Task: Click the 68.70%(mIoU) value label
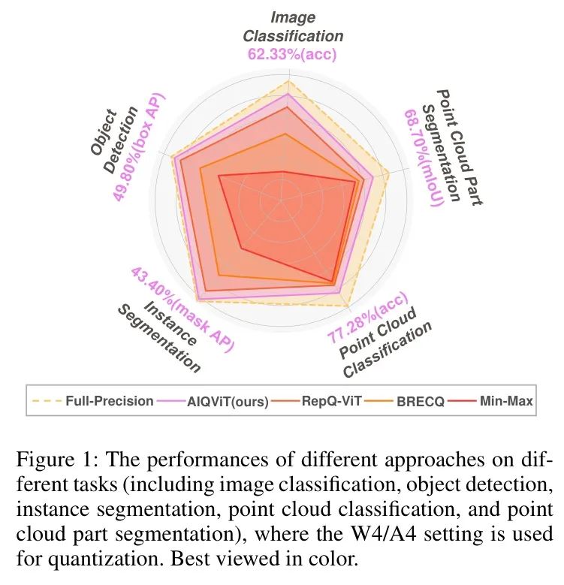(x=424, y=158)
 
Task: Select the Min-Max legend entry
(x=505, y=401)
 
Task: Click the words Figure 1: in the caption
(x=48, y=460)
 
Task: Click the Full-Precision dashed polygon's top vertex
(x=288, y=83)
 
